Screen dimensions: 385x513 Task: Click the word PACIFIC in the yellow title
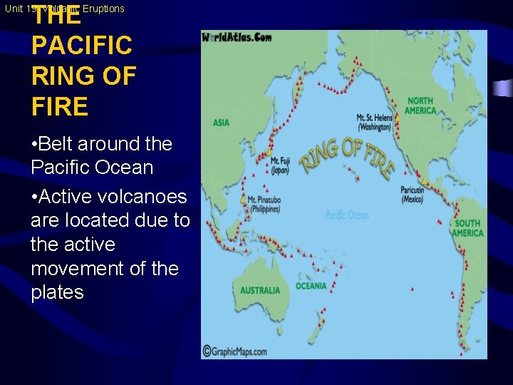tap(81, 46)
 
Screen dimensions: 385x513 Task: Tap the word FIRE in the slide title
tap(60, 107)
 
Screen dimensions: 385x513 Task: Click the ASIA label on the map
tap(221, 123)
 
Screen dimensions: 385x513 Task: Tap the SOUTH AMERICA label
tap(467, 228)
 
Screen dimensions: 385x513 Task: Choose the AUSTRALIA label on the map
tap(260, 290)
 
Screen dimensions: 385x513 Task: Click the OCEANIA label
tap(311, 286)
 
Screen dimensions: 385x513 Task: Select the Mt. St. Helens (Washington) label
tap(373, 122)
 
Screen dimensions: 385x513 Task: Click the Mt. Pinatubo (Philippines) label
tap(264, 205)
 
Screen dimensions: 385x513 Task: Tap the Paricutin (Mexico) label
tap(412, 195)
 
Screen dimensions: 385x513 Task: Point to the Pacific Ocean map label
tap(347, 215)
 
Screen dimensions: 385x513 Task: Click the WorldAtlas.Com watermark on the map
tap(237, 37)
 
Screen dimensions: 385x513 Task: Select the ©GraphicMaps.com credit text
tap(234, 351)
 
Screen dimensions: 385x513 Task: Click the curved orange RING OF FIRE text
tap(346, 159)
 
